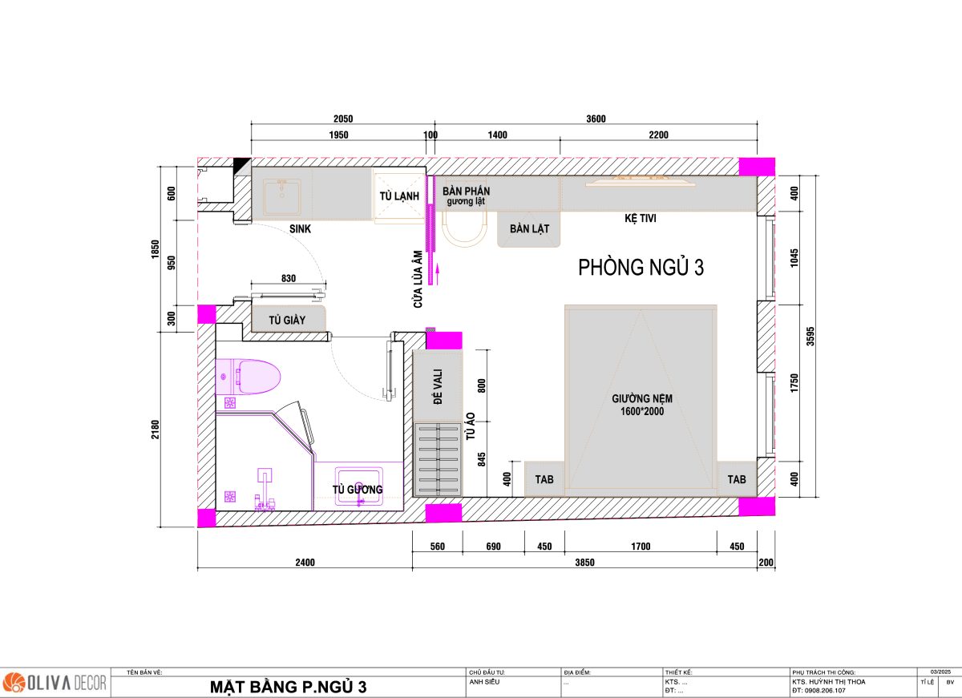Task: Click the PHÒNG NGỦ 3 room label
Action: [x=641, y=267]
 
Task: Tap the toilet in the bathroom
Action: [x=249, y=377]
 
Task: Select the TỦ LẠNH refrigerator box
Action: [x=399, y=196]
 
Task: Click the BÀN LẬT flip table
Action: [x=529, y=229]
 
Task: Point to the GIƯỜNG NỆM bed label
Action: [x=642, y=405]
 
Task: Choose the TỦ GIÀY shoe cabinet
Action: [x=288, y=320]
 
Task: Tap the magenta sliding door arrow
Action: [x=438, y=274]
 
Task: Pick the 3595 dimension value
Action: [x=810, y=336]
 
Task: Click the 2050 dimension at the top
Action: [x=343, y=119]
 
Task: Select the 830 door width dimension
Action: [x=289, y=278]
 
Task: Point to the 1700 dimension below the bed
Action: [x=641, y=546]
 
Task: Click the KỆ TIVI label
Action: [x=641, y=218]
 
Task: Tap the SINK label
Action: [x=300, y=229]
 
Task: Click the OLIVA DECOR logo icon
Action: [x=14, y=683]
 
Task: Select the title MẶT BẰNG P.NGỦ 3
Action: [x=288, y=687]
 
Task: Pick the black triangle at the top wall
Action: [x=242, y=166]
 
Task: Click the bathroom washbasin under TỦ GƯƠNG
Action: [x=359, y=486]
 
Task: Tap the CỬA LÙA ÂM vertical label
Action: [x=418, y=280]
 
